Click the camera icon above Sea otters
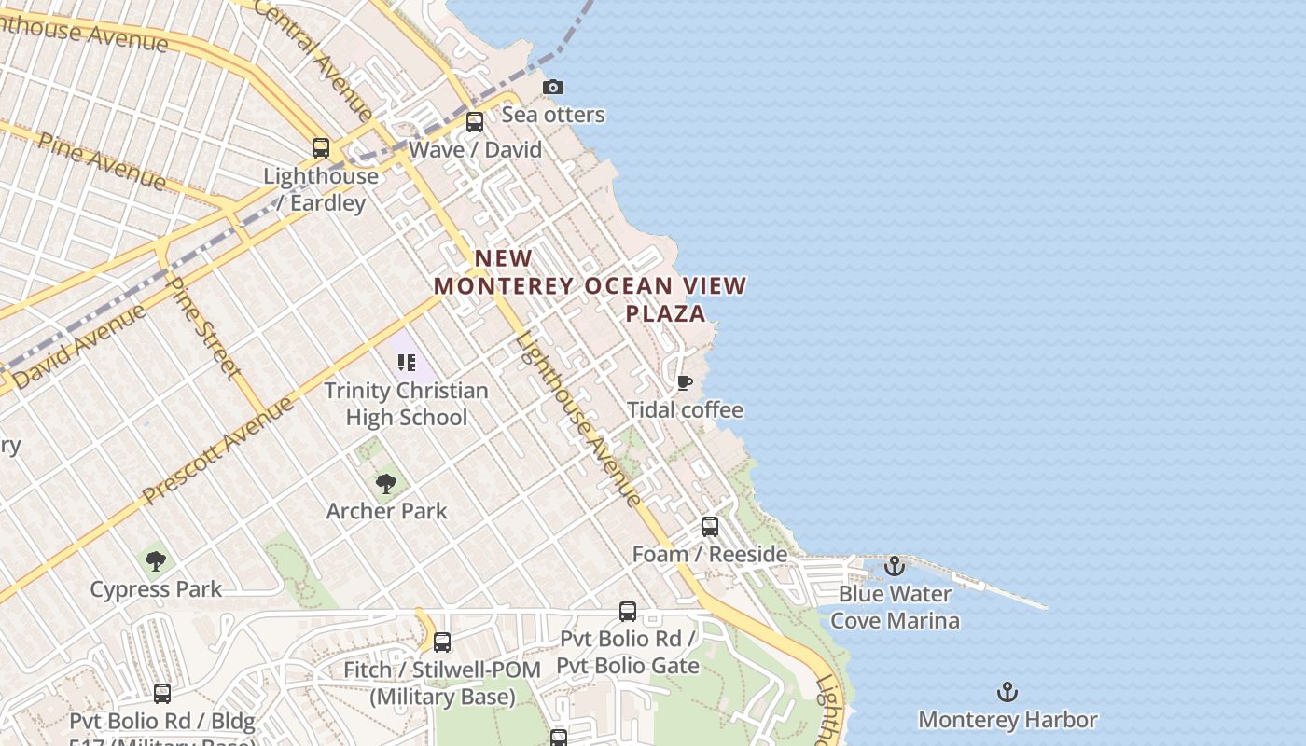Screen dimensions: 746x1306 point(553,87)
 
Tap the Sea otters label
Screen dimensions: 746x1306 point(553,115)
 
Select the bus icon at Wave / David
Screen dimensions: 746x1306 point(475,122)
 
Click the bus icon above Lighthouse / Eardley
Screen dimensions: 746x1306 point(321,148)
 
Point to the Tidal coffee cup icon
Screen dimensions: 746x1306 point(685,383)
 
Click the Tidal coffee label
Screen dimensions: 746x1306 point(685,410)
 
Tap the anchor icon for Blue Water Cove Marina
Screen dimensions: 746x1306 point(895,566)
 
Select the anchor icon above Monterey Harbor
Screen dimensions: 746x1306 point(1007,692)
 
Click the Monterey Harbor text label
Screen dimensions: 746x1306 point(1007,720)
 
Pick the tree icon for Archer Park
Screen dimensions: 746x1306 point(386,484)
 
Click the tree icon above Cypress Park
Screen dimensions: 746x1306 point(156,561)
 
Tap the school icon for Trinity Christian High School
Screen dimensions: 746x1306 point(406,363)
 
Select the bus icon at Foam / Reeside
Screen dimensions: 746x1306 point(710,527)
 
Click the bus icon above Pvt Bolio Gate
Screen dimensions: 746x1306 point(628,612)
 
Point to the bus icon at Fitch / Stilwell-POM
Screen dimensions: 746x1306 point(442,642)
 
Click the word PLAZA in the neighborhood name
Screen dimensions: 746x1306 point(665,313)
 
